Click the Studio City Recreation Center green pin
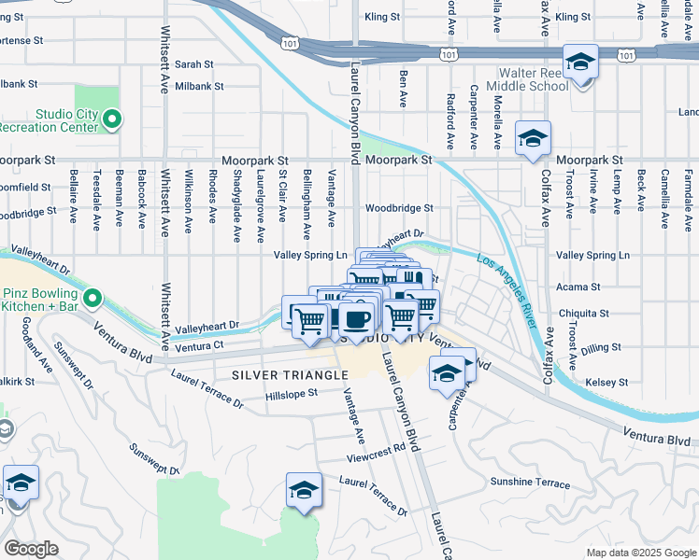[x=112, y=119]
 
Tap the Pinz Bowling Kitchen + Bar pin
[x=93, y=298]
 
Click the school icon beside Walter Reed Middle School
[x=581, y=63]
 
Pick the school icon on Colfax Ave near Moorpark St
[x=533, y=139]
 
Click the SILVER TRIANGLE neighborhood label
[x=277, y=375]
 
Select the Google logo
[x=31, y=548]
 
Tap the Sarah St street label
[x=194, y=64]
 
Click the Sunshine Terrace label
[x=530, y=483]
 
